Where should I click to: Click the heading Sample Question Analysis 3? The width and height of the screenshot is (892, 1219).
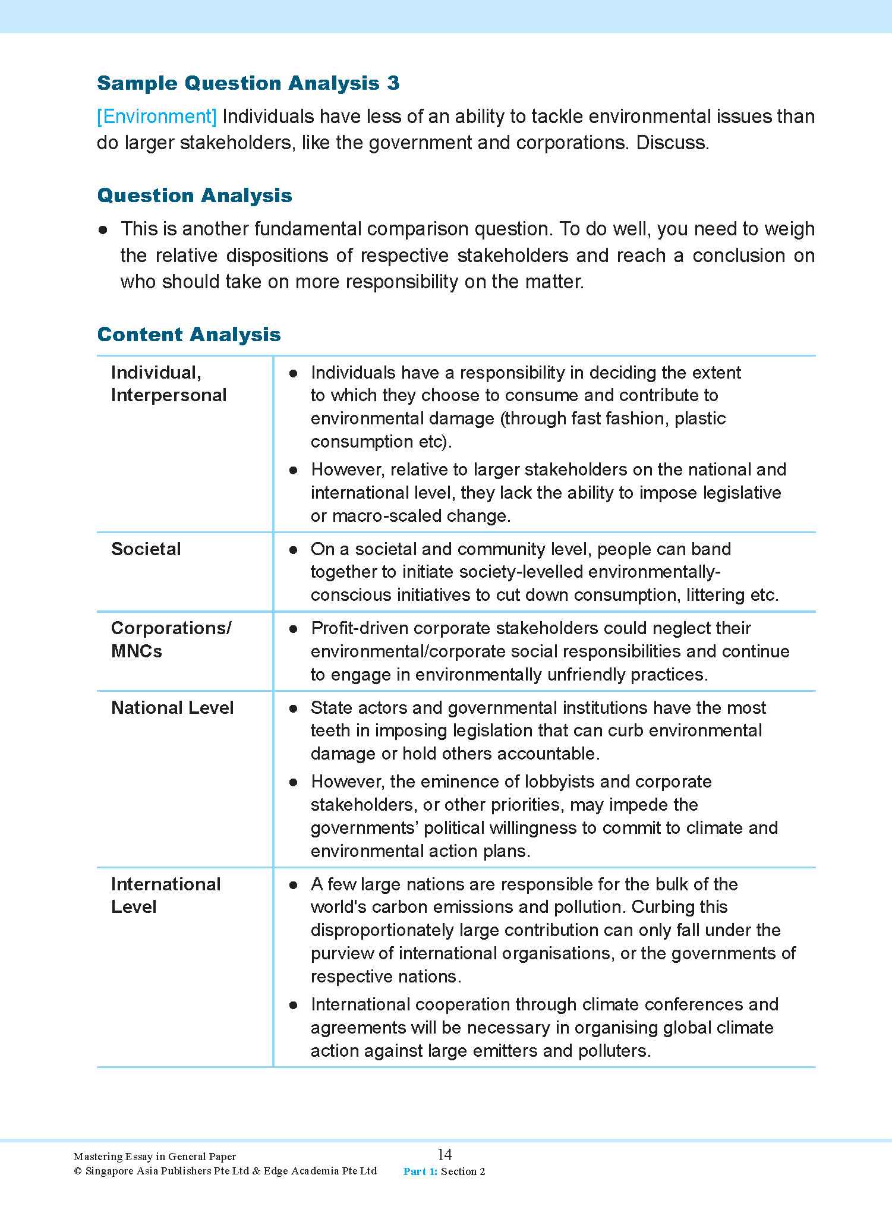click(248, 83)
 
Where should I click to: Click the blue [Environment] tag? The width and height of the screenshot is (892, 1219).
click(157, 116)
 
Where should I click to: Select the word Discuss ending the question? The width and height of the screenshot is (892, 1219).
click(672, 143)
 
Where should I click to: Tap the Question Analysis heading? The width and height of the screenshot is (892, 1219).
click(194, 196)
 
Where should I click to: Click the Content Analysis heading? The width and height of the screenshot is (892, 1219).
click(188, 335)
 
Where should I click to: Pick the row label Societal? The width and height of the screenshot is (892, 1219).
click(146, 549)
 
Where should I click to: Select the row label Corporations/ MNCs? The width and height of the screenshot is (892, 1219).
click(171, 639)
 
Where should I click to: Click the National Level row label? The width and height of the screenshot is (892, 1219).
click(172, 707)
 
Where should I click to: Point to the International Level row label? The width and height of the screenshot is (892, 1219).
click(165, 895)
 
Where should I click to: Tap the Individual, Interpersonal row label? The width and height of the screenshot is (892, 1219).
click(168, 384)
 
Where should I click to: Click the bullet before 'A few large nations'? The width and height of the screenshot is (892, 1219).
click(293, 885)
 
